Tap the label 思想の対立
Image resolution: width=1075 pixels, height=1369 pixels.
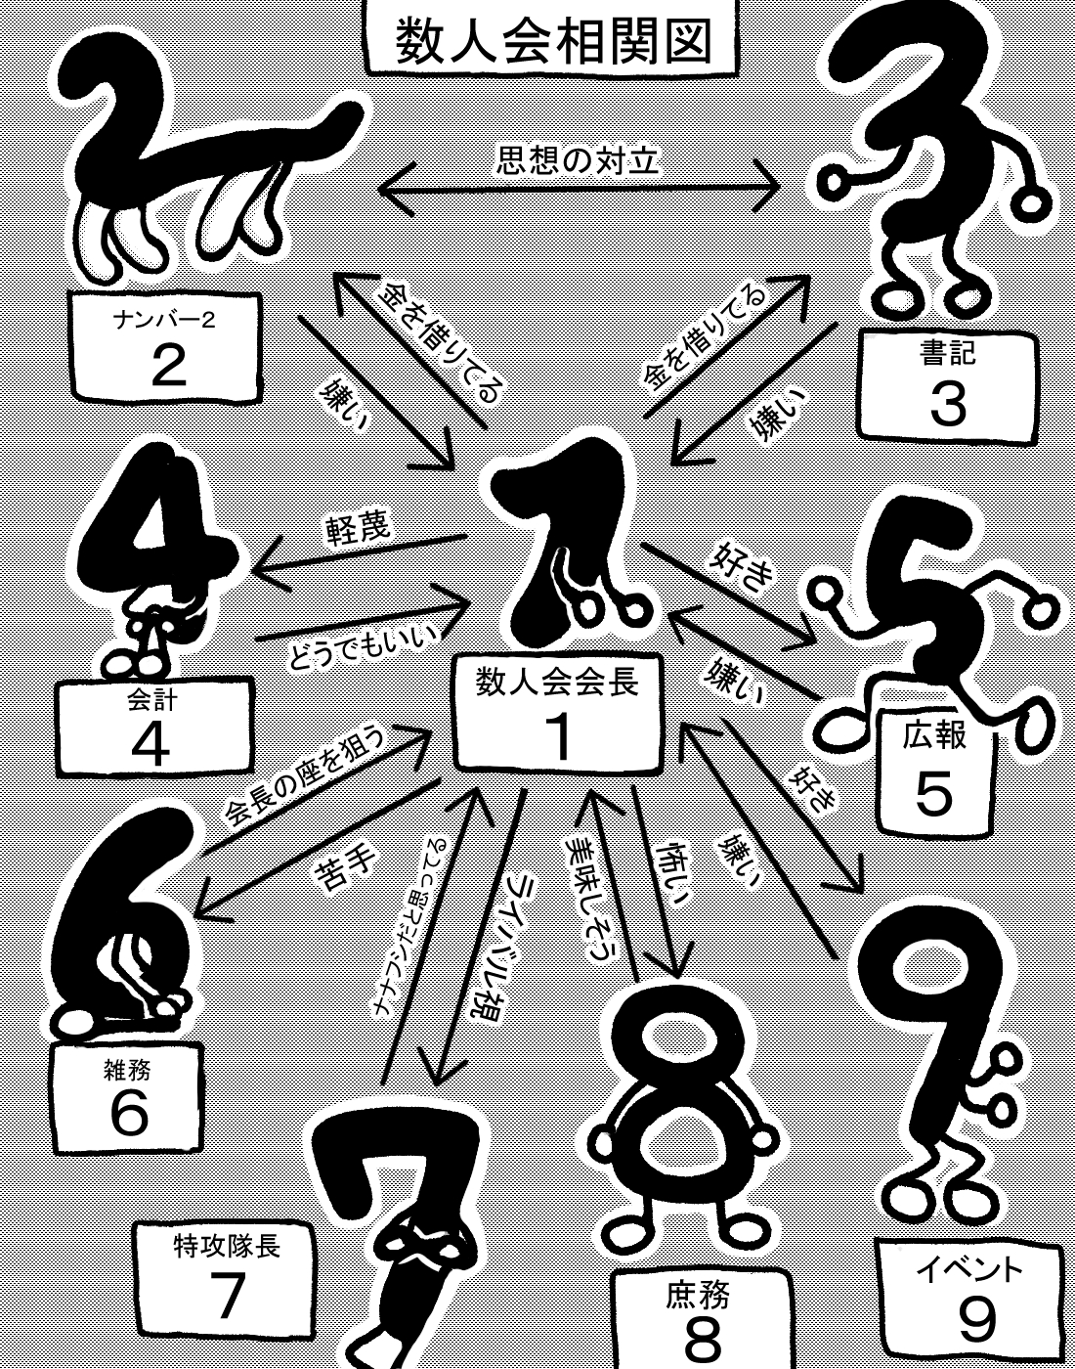coord(578,160)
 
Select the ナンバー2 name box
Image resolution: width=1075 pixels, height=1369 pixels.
coord(165,346)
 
